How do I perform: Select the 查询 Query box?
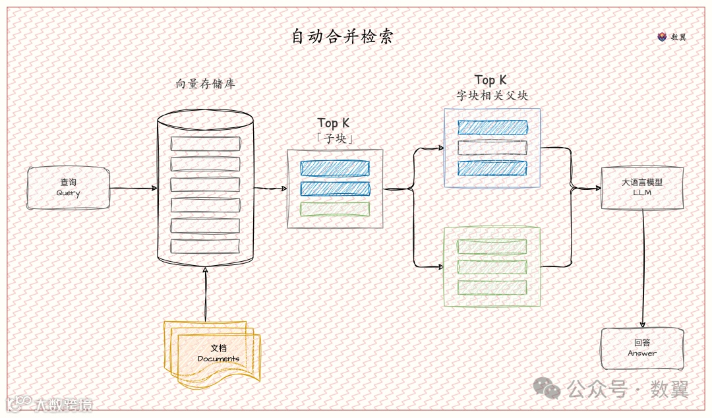68,188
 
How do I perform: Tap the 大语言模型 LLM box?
642,188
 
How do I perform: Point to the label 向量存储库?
205,84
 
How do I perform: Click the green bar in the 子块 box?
335,210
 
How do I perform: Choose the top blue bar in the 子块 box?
335,168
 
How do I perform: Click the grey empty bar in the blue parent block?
492,148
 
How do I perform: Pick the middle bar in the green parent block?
492,267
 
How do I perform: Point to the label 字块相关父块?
492,96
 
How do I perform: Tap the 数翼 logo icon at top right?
662,37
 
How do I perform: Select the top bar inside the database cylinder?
205,144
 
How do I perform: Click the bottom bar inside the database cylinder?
205,247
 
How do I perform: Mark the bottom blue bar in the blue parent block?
492,168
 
